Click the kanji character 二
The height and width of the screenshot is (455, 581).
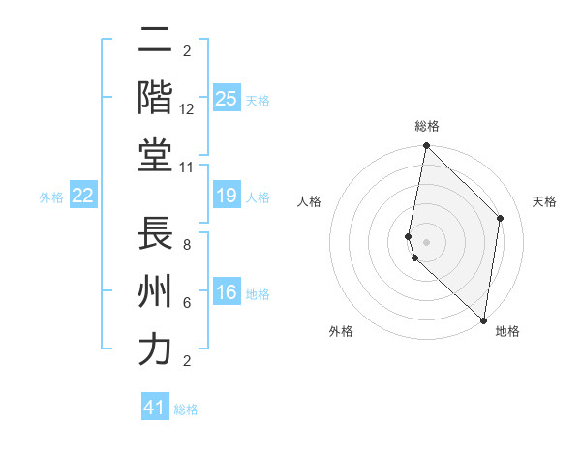point(155,43)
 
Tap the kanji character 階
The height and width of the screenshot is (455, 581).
point(155,98)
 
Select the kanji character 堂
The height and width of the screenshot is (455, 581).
point(155,155)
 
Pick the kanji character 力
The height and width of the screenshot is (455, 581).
point(155,349)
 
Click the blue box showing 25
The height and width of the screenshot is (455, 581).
point(227,98)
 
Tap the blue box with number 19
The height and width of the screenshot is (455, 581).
point(227,197)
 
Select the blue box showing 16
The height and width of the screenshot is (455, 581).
point(227,293)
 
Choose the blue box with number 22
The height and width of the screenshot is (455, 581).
point(82,197)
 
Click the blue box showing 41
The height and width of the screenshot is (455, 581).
point(155,408)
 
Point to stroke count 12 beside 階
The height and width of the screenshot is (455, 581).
point(187,109)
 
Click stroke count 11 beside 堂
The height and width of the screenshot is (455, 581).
point(187,167)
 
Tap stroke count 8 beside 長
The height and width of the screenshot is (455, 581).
point(187,245)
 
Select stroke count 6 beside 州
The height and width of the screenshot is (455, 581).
point(187,303)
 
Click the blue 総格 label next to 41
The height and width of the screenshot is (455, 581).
point(186,409)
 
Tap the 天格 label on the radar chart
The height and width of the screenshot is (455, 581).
point(544,201)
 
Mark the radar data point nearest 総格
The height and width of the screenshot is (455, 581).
point(426,146)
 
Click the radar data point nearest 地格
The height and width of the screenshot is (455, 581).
point(483,320)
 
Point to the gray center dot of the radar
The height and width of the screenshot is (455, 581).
point(426,241)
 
